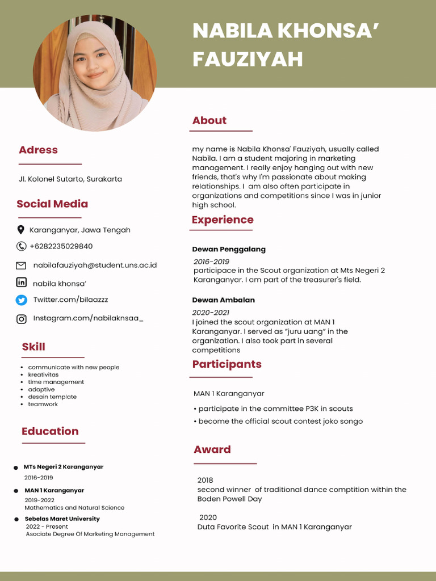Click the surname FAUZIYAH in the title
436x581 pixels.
tap(248, 59)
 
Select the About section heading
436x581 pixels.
tap(209, 120)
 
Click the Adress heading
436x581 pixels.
tap(38, 150)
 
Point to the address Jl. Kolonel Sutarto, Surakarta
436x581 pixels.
tap(70, 179)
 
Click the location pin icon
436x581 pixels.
tap(21, 230)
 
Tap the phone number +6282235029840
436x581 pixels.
tap(61, 246)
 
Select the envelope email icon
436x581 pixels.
tap(21, 265)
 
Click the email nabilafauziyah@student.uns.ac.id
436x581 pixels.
tap(95, 265)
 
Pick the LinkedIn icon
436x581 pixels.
tap(21, 282)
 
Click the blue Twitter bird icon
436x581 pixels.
tap(21, 300)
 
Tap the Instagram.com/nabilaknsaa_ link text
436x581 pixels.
tap(88, 318)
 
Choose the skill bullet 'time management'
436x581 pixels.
tap(56, 382)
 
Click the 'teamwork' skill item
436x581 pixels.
tap(43, 405)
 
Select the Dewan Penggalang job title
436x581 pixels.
tap(229, 249)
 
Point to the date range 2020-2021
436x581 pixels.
tap(211, 313)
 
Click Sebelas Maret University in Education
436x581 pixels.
tap(62, 519)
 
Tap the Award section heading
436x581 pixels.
tap(212, 449)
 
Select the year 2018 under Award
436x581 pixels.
tap(205, 480)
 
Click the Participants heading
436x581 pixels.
tap(227, 364)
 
